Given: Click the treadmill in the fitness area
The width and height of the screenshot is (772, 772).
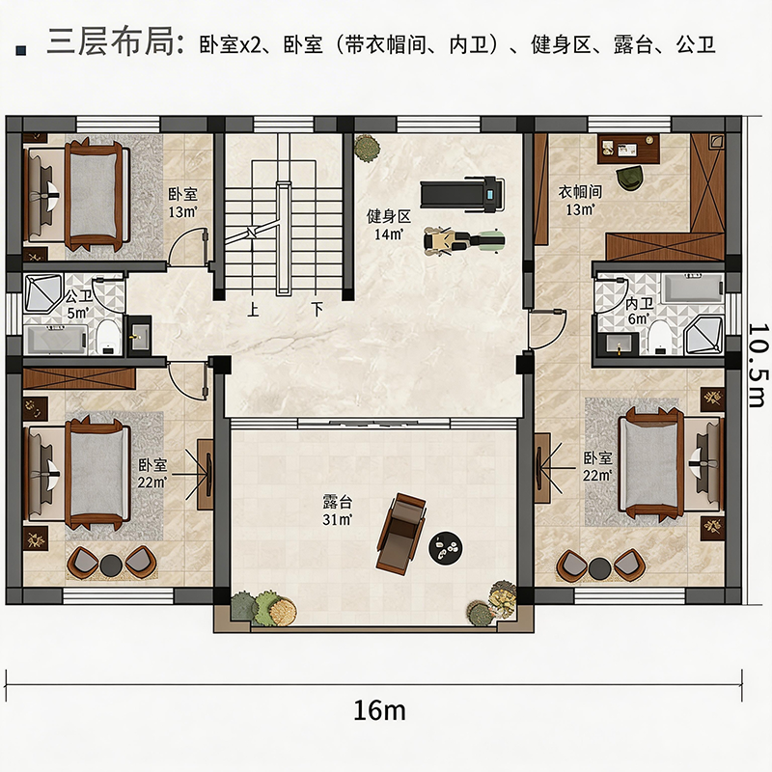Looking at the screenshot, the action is (x=462, y=195).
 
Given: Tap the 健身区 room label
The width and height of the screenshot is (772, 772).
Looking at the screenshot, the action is (x=389, y=216).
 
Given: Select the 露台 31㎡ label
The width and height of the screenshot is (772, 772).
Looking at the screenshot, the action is (x=338, y=510).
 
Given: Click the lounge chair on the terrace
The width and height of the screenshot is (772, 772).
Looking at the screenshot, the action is (x=401, y=534).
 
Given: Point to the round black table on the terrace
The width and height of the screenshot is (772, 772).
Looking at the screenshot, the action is (x=446, y=547).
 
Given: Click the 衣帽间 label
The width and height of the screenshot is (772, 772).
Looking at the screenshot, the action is (x=580, y=191).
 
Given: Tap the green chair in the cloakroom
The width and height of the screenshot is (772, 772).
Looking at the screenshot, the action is (x=629, y=179).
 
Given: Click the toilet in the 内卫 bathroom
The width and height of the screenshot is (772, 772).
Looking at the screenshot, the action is (x=661, y=338).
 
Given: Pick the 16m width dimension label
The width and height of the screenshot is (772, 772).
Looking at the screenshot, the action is (x=379, y=710).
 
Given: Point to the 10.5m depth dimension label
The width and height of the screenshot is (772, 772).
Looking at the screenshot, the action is (x=758, y=365).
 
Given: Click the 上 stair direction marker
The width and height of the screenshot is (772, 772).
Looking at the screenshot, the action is (x=253, y=309).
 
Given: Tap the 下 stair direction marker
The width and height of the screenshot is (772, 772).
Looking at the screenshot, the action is (x=317, y=309).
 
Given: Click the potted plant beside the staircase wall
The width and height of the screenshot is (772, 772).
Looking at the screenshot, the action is (x=367, y=148).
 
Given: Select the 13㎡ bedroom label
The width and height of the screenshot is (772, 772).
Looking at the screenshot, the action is (x=182, y=203).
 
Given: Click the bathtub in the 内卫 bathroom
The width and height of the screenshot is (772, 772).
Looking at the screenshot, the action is (x=693, y=288).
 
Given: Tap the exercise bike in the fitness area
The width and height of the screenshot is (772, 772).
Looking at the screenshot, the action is (x=464, y=240).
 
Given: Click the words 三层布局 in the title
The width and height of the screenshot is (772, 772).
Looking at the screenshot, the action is (x=111, y=41).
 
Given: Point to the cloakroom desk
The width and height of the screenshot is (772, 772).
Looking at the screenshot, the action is (x=628, y=149).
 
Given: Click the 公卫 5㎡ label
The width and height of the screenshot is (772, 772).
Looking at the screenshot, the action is (x=79, y=304).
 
